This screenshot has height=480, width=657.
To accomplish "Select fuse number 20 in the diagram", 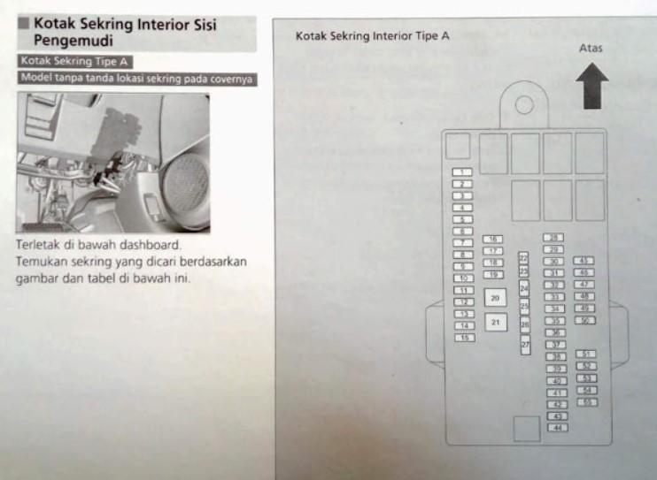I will point(495,299).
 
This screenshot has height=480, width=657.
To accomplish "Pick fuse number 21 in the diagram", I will point(495,323).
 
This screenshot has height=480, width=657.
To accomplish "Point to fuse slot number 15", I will point(462,338).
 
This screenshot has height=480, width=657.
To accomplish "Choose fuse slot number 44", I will point(557,428).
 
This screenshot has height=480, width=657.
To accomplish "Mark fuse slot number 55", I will point(586,401).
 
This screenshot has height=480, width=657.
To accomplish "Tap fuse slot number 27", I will point(525,343).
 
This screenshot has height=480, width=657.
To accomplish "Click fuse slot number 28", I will point(554,238).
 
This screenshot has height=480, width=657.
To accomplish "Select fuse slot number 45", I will point(584,261).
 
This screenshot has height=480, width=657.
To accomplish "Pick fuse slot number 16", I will point(493,239).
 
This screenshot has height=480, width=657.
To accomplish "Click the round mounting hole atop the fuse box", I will point(523,105).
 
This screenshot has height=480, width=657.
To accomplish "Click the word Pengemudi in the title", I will point(70,40).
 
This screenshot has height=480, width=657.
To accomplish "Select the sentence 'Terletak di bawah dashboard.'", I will point(98,243).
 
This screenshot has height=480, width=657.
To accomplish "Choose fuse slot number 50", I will point(584,320).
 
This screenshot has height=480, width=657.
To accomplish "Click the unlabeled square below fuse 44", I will point(526,430).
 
